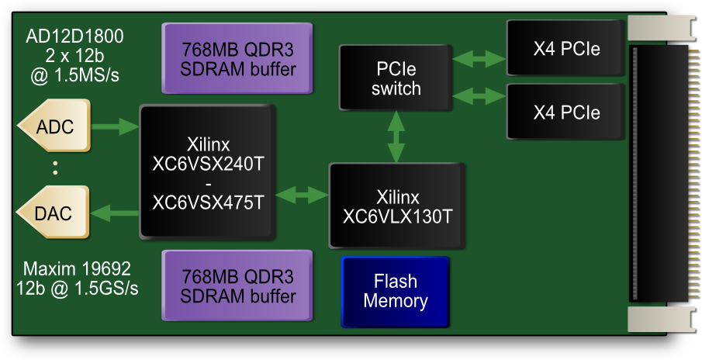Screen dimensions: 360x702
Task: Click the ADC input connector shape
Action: tap(54, 126)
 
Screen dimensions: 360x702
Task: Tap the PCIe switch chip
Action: tap(396, 78)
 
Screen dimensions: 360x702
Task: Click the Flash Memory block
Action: tap(396, 291)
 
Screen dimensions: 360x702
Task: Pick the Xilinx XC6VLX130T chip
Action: tap(397, 206)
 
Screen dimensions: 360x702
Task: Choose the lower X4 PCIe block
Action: tap(566, 112)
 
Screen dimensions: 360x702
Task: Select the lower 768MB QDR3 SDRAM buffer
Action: tap(237, 286)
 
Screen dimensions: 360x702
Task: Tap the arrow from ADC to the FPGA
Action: tap(116, 126)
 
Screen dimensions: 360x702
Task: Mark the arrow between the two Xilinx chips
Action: tap(302, 193)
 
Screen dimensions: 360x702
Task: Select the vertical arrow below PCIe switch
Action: tap(396, 137)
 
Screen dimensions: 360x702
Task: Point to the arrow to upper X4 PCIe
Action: tap(479, 58)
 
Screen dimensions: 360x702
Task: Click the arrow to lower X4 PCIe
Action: tap(479, 97)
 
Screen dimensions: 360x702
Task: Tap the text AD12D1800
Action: tap(74, 36)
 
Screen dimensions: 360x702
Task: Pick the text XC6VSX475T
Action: tap(208, 202)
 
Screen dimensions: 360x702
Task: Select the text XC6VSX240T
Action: tap(208, 164)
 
